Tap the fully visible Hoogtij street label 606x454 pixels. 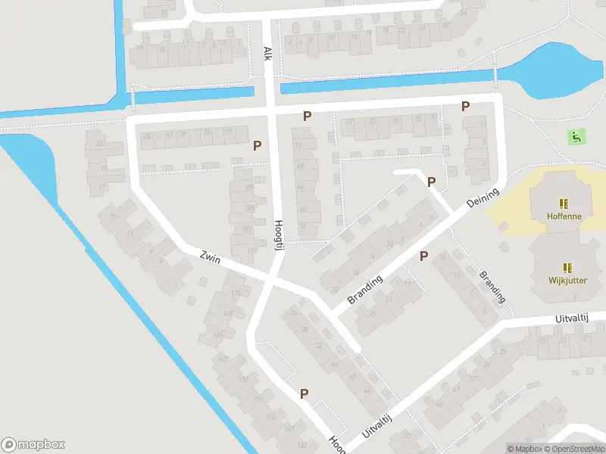[278, 232]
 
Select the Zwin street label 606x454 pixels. [211, 258]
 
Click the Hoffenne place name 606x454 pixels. [563, 216]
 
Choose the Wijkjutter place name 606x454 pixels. [567, 280]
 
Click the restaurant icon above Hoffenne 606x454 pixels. [563, 203]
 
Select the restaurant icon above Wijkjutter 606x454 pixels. [567, 267]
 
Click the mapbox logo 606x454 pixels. [33, 445]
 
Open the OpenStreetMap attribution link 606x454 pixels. [573, 449]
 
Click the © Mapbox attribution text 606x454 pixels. [524, 449]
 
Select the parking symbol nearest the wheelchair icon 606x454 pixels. [465, 107]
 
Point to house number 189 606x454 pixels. [248, 188]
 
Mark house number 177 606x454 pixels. [251, 251]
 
